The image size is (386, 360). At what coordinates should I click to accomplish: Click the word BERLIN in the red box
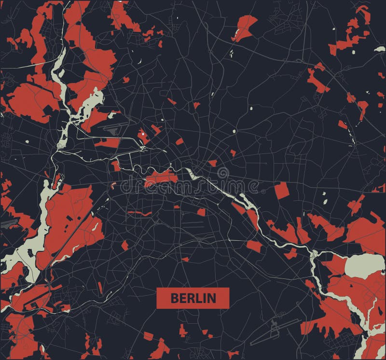[x=193, y=298]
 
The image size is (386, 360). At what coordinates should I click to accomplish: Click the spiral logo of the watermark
[x=223, y=173]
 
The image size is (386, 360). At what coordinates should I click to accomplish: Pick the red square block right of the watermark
[x=281, y=191]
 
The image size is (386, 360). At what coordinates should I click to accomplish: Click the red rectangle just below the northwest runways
[x=107, y=142]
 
